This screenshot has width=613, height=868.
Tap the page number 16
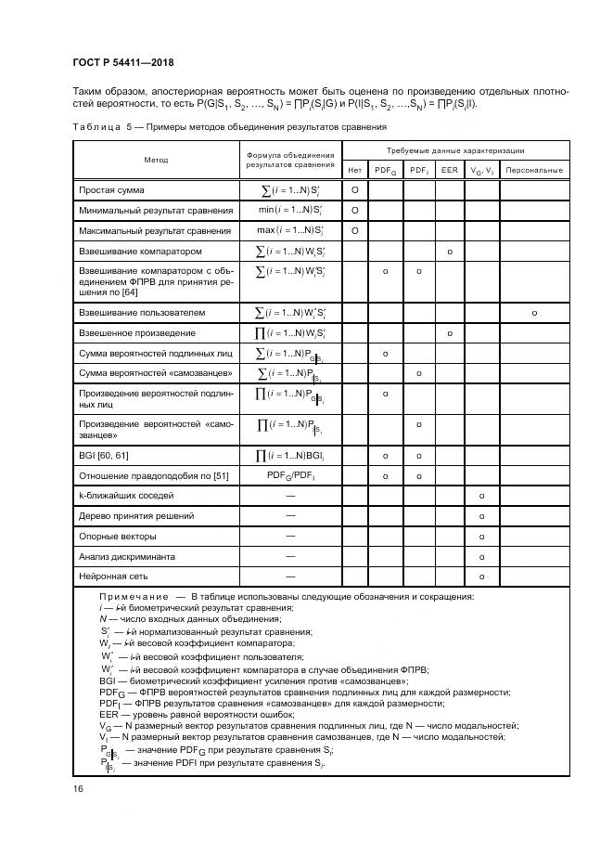pos(77,788)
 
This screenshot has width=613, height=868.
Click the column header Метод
pos(156,161)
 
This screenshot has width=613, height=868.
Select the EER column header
pos(449,171)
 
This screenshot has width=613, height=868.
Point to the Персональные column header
pos(535,171)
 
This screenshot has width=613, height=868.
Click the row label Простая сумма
pos(112,190)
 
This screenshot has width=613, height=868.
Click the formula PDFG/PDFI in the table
pos(291,476)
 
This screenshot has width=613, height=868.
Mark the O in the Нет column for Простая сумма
pos(355,190)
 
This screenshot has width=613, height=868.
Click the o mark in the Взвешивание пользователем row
pos(535,313)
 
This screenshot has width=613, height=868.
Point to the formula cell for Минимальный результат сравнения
pos(291,211)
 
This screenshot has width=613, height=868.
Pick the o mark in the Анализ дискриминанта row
pos(482,557)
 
